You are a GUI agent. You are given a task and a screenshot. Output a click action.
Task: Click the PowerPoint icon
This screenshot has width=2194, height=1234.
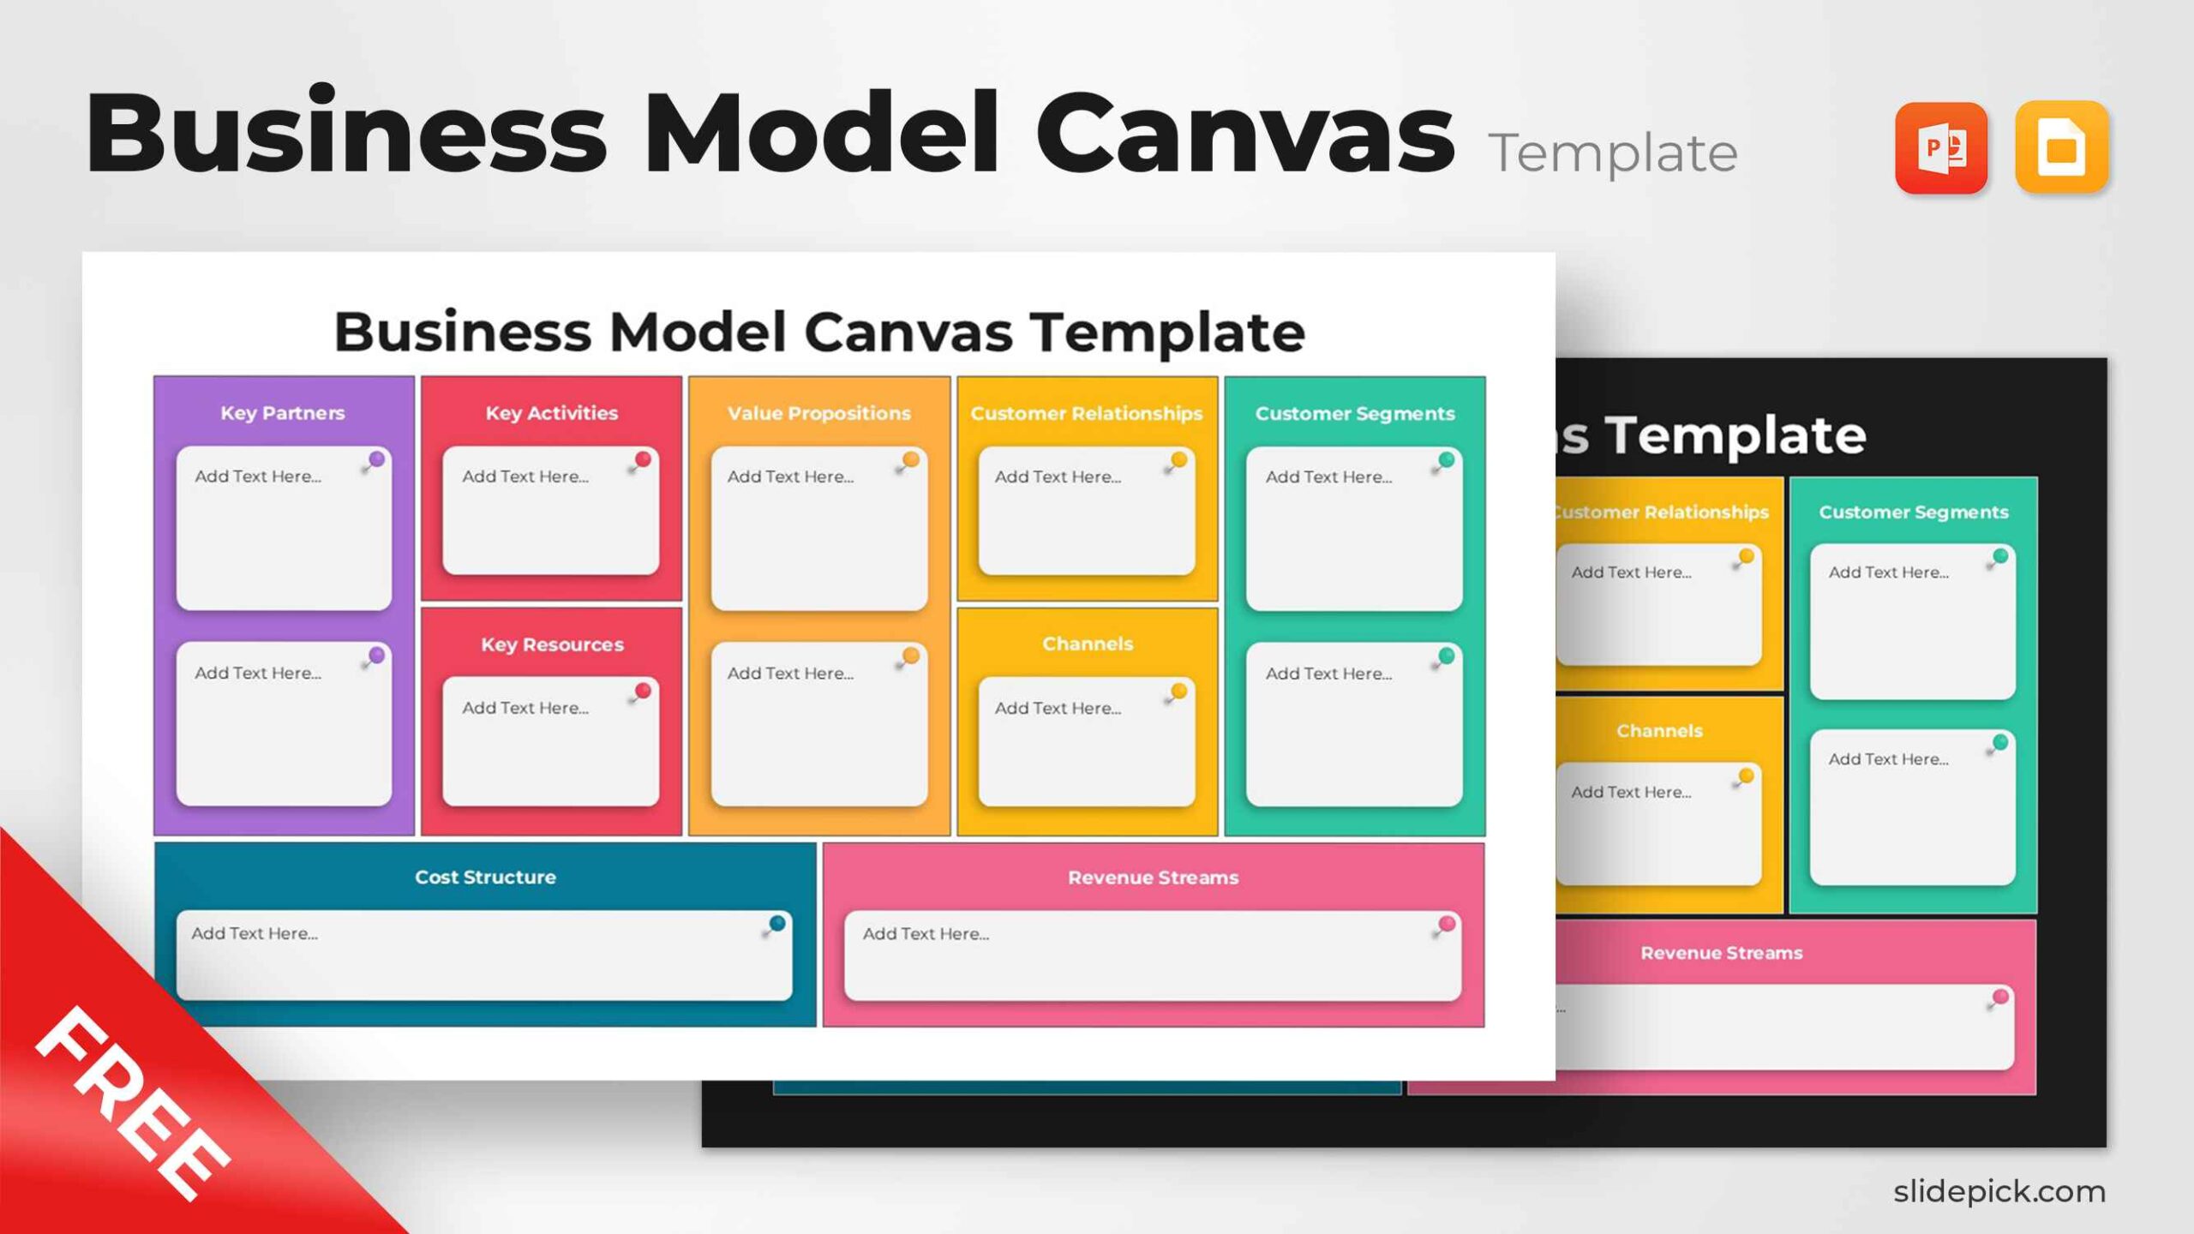pos(1940,147)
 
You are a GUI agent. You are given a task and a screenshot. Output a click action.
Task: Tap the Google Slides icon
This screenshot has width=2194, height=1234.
pos(2061,147)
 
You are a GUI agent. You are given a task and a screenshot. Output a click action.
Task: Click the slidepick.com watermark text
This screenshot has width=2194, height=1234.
pos(1999,1190)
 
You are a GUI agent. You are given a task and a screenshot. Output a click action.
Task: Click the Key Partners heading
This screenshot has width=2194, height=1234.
pos(283,413)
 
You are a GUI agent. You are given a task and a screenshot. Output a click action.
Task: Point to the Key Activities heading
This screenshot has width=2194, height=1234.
pos(551,413)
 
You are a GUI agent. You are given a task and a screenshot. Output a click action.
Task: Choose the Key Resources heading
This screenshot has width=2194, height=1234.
pos(552,644)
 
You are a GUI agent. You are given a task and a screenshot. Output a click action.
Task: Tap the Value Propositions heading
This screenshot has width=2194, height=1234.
pos(818,413)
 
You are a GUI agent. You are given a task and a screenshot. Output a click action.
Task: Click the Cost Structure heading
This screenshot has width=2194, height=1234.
pos(485,877)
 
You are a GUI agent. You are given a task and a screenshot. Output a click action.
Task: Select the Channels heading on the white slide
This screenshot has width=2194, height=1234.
pos(1087,644)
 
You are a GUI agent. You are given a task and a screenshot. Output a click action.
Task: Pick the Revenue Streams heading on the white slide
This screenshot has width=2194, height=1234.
pos(1153,878)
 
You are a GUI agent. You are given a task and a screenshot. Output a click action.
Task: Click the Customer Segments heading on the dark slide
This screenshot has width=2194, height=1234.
pos(1913,512)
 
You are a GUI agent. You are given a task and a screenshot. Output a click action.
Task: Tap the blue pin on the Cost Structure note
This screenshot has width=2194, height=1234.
pos(776,924)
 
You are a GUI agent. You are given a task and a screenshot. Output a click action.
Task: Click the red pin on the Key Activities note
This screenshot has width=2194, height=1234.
pos(642,460)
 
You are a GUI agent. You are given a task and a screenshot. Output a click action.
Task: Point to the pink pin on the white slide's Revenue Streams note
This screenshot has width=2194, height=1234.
pos(1446,924)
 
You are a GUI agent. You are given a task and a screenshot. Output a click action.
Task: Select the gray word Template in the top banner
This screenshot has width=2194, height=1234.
pos(1612,153)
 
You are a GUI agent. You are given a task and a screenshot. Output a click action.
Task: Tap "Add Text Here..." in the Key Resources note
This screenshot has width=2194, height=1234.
pos(525,708)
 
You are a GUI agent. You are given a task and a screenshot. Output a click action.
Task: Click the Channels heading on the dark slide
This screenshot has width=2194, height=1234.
pos(1659,731)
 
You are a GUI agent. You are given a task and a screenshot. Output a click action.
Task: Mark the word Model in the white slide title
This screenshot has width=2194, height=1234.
pos(697,332)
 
